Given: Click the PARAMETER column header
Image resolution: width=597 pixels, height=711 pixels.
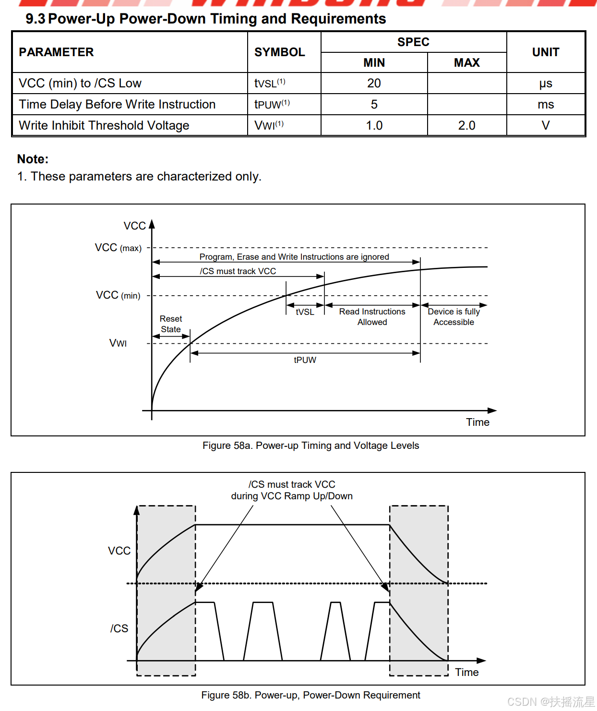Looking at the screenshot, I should coord(56,52).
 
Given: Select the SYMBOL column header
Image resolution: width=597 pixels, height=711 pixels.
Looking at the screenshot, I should coord(279,52).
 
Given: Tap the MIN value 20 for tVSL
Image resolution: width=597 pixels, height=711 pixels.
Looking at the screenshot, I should coord(374,84).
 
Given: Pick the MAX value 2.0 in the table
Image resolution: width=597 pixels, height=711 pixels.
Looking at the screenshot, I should coord(466,126).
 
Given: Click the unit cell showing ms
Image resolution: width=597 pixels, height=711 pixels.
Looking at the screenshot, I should coord(546,105).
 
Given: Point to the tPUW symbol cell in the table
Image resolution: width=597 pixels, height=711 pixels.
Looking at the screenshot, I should coord(272,105).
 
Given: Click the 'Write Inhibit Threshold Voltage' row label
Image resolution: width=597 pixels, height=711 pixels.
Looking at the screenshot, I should coord(104,126).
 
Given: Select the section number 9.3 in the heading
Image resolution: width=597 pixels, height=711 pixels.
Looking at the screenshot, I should coord(35,19).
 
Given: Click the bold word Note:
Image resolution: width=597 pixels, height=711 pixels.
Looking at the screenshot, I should coord(33,159).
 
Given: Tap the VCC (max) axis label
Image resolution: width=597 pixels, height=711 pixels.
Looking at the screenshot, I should coord(118,248).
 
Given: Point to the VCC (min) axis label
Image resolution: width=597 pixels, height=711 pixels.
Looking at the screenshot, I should coord(118,295).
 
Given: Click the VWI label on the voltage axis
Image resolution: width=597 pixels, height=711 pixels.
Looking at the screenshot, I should coord(118,343).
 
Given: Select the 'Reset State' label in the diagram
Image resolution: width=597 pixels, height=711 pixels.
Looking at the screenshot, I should coord(171,324).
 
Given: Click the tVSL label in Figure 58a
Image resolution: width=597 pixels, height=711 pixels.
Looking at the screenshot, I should coord(305,312).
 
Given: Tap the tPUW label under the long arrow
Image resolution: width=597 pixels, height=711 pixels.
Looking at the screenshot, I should coord(305,360).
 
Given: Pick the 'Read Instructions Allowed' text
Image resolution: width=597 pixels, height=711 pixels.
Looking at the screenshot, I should coord(372,317).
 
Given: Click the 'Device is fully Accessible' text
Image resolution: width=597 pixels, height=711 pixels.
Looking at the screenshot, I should coord(454,317).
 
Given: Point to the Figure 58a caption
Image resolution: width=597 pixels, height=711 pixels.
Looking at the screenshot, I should coord(310,446).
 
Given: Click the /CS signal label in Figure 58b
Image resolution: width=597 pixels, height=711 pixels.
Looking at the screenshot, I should coord(119,628).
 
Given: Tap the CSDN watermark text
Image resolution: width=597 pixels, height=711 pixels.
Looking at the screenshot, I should coord(550,702).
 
